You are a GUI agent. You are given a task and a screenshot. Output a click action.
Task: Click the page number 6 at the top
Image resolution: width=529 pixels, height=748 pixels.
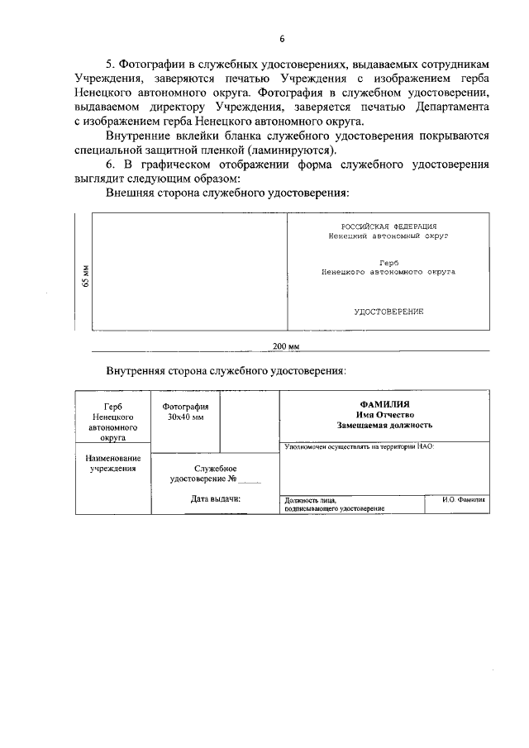[x=282, y=39]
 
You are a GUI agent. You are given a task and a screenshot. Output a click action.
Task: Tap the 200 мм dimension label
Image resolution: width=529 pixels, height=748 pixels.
[x=285, y=345]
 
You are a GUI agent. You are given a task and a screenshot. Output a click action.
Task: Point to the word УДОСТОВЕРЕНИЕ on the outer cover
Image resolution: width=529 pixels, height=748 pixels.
[x=388, y=312]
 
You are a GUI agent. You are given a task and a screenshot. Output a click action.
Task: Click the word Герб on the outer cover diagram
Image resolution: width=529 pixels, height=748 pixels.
[x=388, y=262]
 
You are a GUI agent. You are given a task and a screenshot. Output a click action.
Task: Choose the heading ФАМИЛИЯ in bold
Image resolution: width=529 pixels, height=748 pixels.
[x=384, y=403]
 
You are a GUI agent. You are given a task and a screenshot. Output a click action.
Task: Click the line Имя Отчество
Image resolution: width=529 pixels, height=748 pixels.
[x=384, y=414]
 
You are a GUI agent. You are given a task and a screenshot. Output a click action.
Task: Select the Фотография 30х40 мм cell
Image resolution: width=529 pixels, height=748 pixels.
[x=185, y=412]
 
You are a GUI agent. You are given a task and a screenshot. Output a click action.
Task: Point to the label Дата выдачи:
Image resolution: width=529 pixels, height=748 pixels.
[x=215, y=499]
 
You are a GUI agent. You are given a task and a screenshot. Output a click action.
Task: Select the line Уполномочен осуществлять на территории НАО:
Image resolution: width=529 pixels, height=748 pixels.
[x=359, y=446]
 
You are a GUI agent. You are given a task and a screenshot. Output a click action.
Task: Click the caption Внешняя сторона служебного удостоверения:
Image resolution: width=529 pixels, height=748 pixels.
[x=227, y=193]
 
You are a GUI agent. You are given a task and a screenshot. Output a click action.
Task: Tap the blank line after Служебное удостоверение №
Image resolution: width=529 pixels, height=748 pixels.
[x=250, y=479]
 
